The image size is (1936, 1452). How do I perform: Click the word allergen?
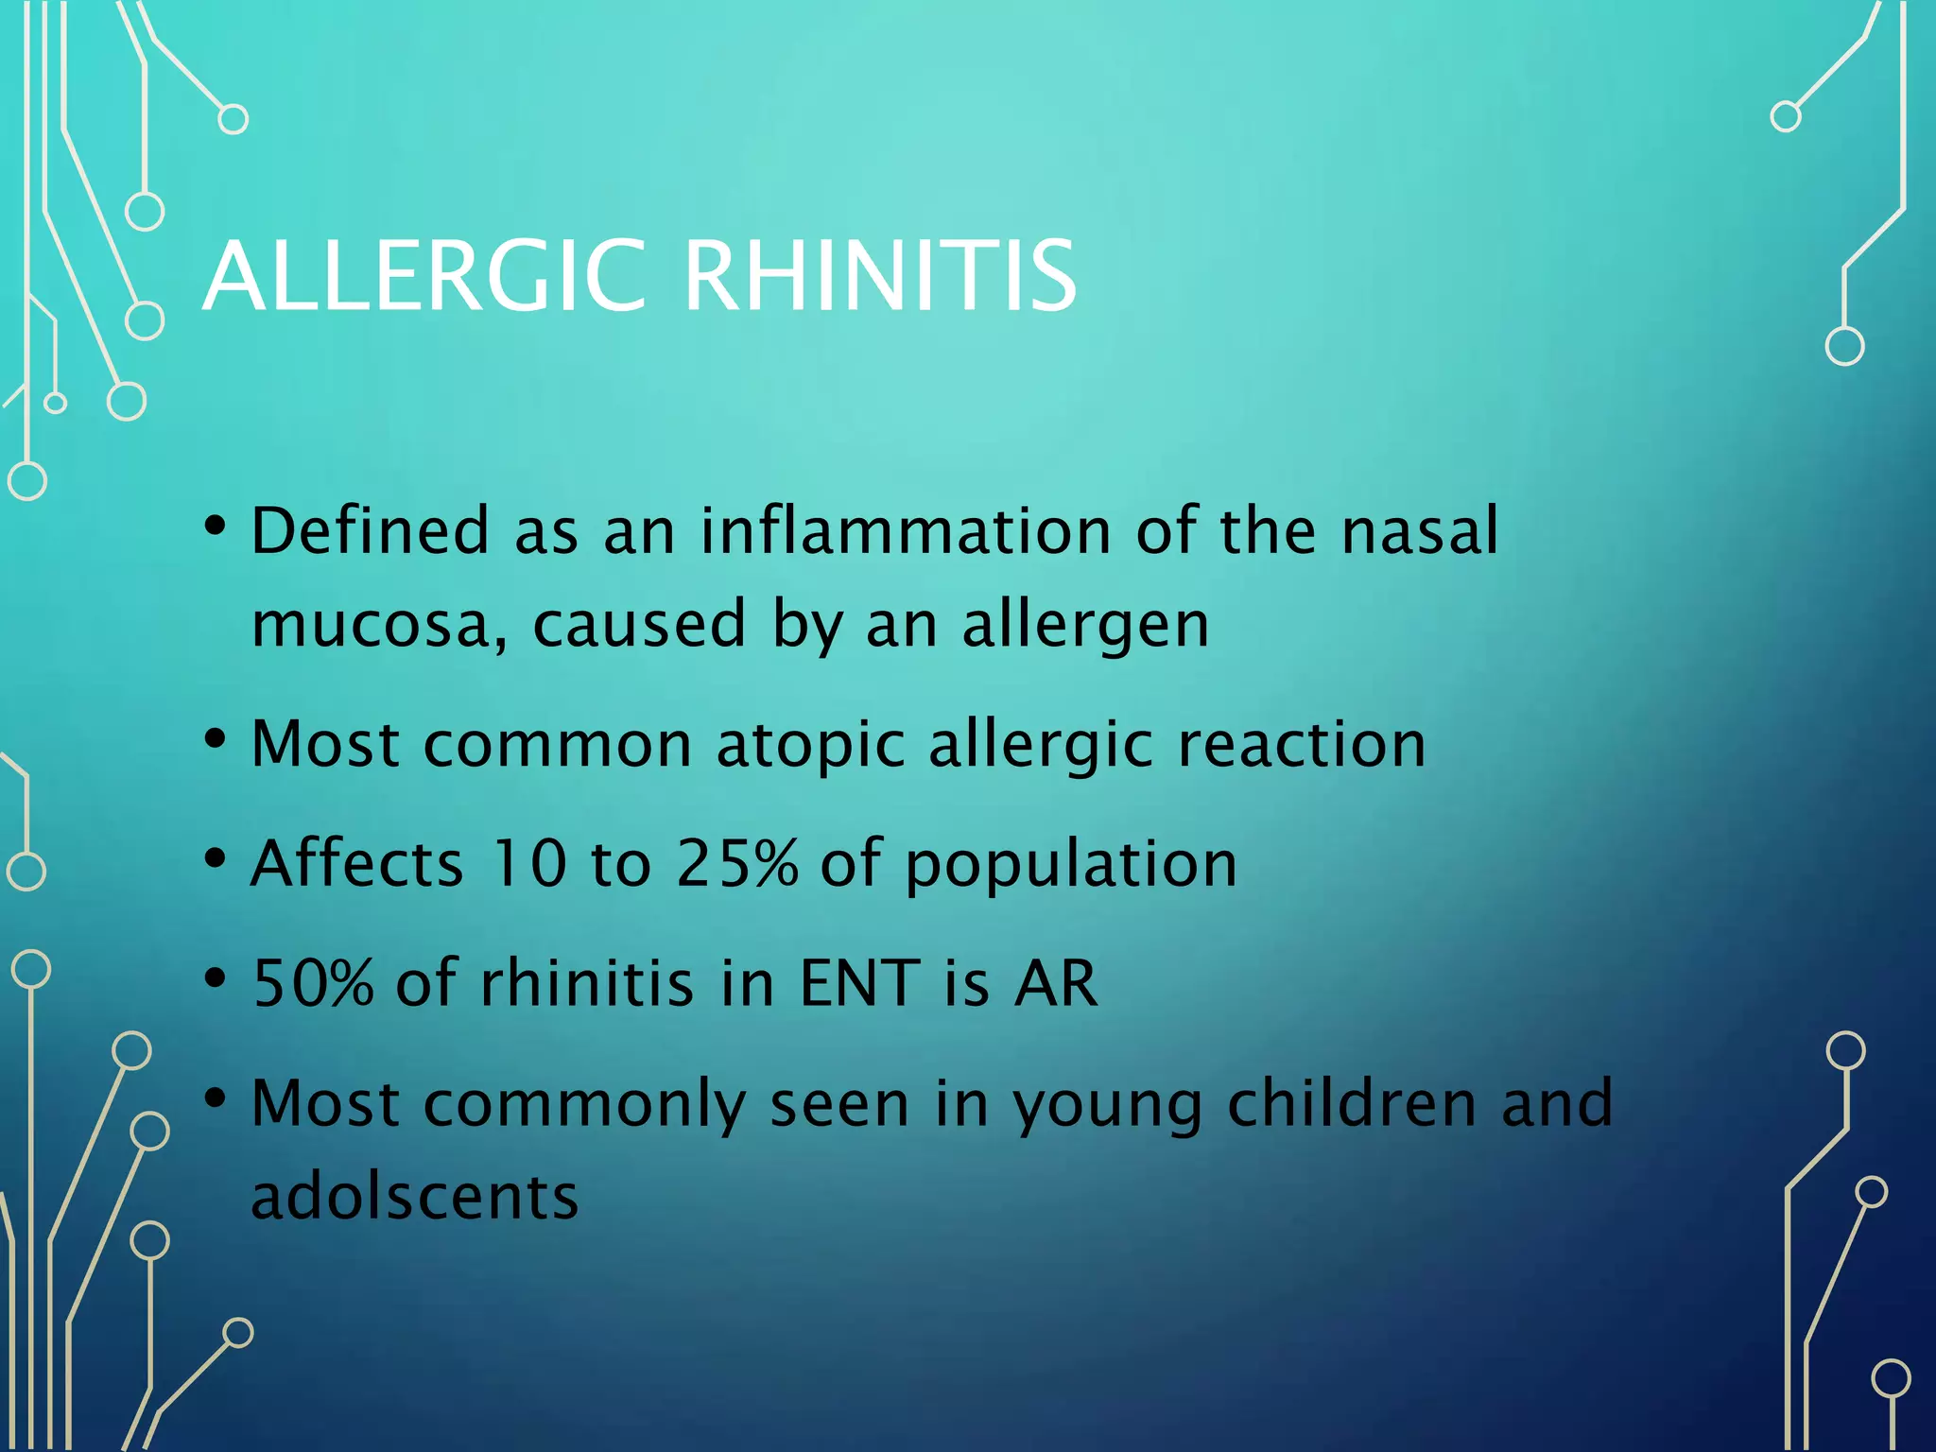click(x=1085, y=626)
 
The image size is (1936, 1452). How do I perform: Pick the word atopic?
click(x=811, y=745)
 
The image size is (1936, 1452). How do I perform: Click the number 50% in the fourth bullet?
click(x=313, y=983)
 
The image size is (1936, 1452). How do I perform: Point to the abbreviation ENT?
click(x=859, y=983)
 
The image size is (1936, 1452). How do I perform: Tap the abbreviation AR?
click(x=1056, y=983)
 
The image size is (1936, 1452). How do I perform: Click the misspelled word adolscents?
click(x=414, y=1197)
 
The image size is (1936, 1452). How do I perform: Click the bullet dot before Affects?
click(x=216, y=858)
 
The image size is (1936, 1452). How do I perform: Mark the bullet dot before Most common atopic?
click(x=216, y=739)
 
